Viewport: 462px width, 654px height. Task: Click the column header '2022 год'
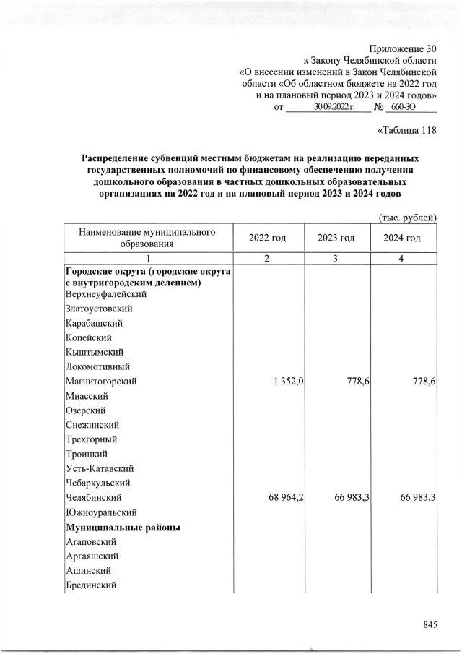(267, 238)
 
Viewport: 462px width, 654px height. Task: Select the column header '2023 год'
(336, 238)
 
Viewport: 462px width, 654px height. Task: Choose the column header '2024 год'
(402, 238)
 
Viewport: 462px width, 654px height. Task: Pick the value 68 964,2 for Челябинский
(283, 498)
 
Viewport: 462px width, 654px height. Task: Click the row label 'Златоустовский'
(98, 309)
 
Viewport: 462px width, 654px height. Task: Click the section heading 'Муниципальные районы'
(122, 528)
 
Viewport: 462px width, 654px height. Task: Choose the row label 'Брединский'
(90, 585)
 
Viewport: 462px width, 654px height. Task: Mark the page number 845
(430, 625)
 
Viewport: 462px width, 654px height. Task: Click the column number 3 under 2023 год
(336, 259)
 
